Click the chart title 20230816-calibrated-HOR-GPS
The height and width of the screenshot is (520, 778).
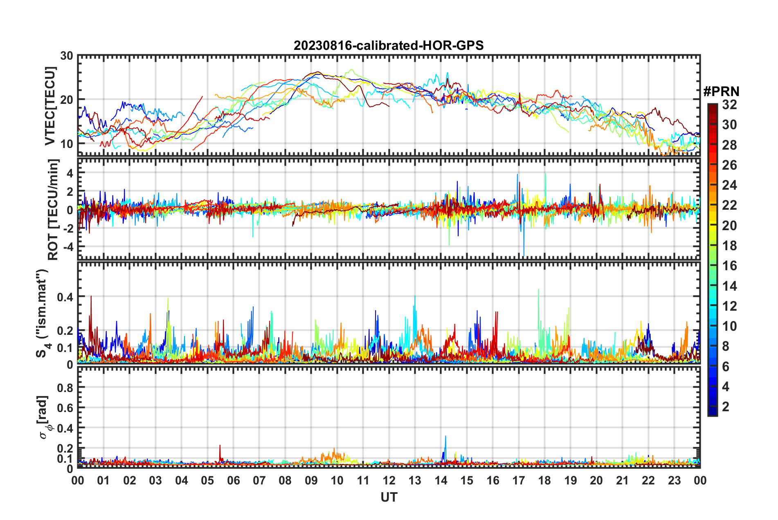point(389,45)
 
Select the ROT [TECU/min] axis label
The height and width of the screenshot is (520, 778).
point(53,210)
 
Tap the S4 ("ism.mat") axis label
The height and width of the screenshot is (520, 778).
point(43,313)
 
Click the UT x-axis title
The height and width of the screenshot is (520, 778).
point(389,497)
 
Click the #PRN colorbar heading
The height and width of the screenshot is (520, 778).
point(721,92)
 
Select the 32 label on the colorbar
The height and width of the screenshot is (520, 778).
point(729,105)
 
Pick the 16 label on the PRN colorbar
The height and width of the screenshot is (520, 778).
point(729,266)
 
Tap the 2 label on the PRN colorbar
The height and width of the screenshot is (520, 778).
point(726,406)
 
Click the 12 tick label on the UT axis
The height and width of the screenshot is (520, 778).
point(389,480)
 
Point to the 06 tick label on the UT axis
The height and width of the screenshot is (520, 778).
point(233,480)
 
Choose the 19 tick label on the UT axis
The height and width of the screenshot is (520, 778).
point(570,480)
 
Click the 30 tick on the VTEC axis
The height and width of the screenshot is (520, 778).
point(67,56)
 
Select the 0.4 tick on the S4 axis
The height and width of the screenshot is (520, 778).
point(65,297)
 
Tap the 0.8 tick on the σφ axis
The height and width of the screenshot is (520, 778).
point(65,388)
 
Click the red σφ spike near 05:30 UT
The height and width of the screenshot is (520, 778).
point(220,446)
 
